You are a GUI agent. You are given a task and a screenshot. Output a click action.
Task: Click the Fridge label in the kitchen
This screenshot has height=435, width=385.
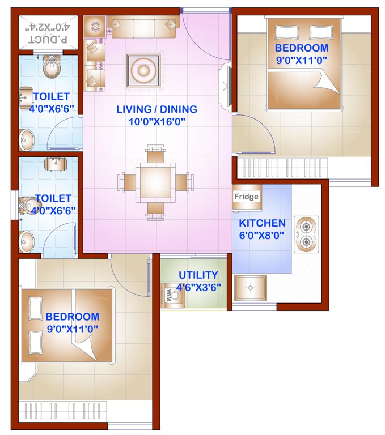pos(247,197)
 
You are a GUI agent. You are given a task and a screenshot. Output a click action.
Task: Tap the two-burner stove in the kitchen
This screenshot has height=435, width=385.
pos(306,234)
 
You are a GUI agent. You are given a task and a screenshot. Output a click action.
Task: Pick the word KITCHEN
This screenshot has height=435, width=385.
pos(262,223)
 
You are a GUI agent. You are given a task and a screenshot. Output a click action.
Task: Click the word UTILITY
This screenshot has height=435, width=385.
pos(198,275)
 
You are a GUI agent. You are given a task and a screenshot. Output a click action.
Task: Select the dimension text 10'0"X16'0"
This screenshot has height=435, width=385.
pos(157,121)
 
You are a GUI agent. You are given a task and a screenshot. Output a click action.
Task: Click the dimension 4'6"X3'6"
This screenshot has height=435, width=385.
pos(198,287)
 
